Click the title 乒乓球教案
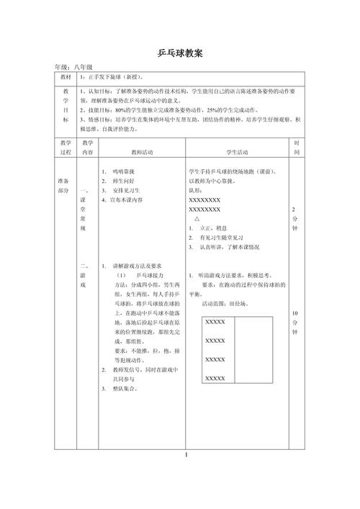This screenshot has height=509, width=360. pyautogui.click(x=179, y=53)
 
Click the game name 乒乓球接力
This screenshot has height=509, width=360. pyautogui.click(x=148, y=275)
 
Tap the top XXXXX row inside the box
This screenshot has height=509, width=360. pyautogui.click(x=215, y=322)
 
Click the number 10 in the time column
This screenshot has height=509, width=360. pyautogui.click(x=296, y=313)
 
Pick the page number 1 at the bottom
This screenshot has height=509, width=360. pyautogui.click(x=185, y=455)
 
